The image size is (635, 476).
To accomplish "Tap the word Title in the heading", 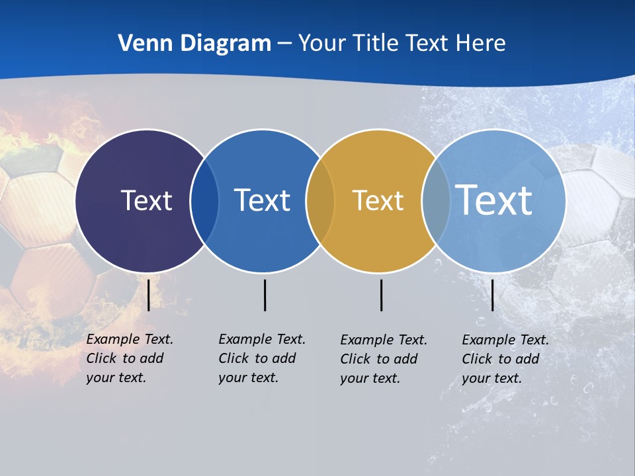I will (x=376, y=43).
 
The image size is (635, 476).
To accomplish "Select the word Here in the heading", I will (x=480, y=43).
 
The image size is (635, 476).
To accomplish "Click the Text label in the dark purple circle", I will (x=146, y=200).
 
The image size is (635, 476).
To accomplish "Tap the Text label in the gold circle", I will (x=378, y=200).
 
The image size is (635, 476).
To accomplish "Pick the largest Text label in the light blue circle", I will (x=494, y=200).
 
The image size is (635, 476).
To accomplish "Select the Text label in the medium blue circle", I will (x=262, y=200).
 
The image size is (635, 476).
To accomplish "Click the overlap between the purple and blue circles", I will (x=204, y=200).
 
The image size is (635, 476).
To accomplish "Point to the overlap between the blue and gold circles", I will (x=320, y=200).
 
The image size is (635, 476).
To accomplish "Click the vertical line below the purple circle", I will (x=148, y=295).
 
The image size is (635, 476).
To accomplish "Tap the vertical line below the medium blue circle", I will (x=265, y=295).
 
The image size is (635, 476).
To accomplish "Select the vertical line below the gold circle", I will (x=381, y=295).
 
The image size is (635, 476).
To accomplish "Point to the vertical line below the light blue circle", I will (x=492, y=295).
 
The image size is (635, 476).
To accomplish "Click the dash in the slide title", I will (x=284, y=44).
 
